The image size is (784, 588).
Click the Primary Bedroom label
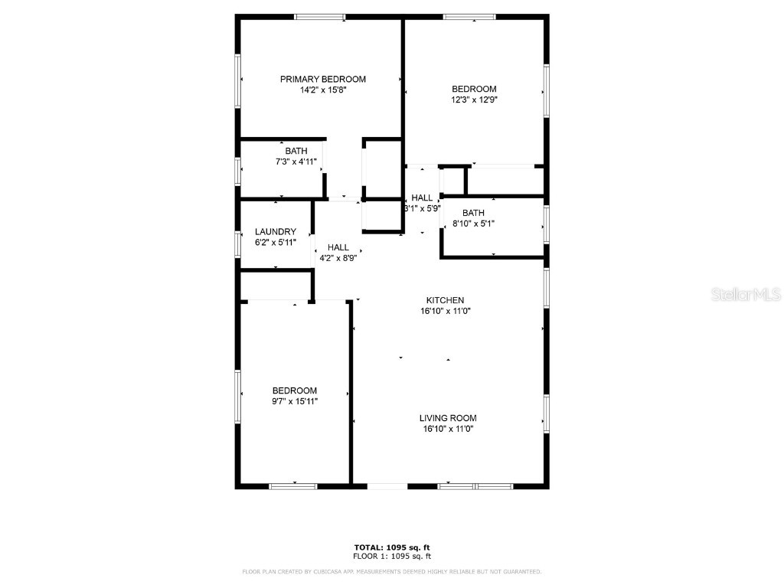322,79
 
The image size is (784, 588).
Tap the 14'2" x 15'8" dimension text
322,90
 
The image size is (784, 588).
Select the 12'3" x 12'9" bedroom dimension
474,100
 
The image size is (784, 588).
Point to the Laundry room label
275,232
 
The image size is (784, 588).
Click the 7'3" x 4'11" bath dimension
296,162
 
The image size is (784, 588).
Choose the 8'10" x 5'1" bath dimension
473,224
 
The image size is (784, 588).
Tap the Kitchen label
446,300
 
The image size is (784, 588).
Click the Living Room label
448,418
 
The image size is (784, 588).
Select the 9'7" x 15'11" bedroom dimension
294,401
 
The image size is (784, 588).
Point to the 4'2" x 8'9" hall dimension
338,258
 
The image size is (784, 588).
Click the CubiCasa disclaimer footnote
391,572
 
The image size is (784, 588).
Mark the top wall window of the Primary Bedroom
320,17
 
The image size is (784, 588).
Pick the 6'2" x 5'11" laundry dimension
275,243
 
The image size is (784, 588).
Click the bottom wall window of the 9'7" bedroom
293,485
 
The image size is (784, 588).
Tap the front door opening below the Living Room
387,485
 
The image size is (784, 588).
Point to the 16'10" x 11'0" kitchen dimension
446,312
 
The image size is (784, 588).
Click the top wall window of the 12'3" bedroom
469,17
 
